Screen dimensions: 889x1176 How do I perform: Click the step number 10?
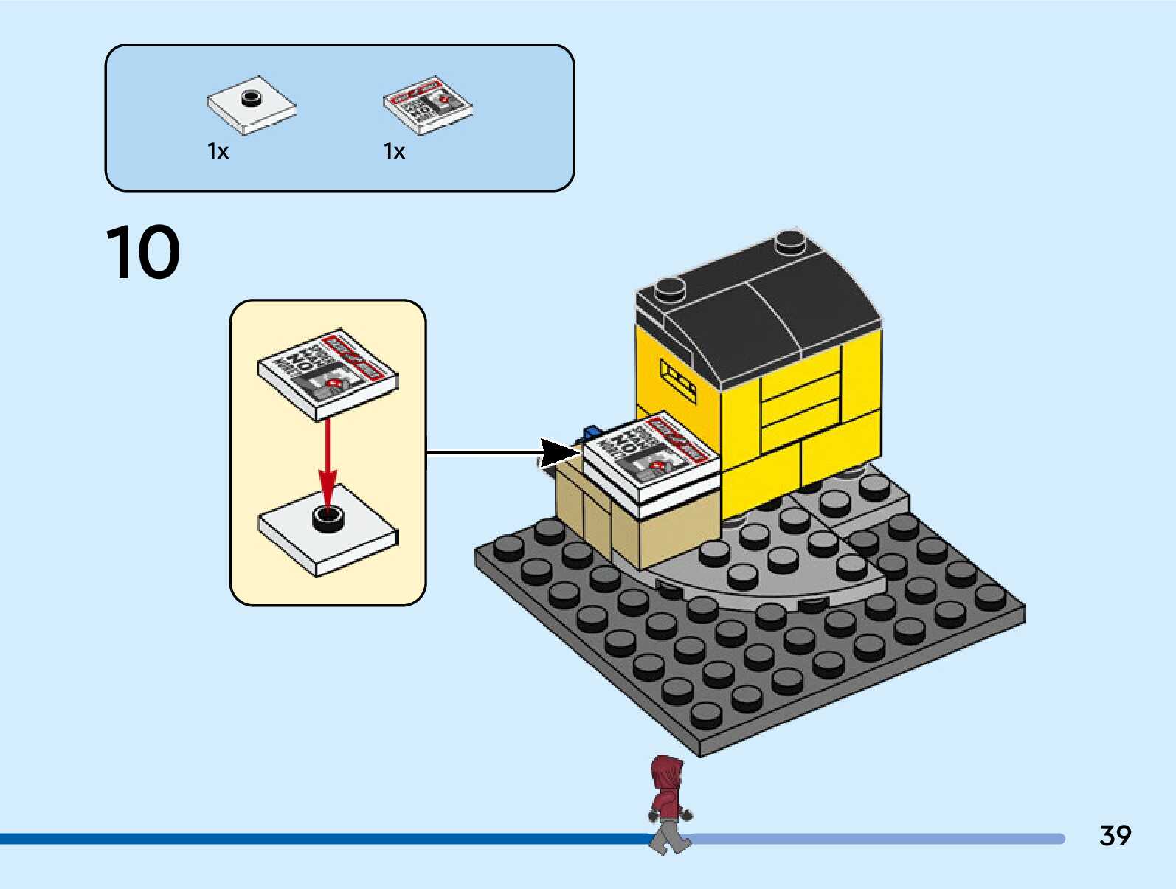[x=143, y=253]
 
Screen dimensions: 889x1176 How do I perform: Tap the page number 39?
[x=1115, y=836]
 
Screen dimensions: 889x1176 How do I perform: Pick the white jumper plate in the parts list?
[x=252, y=105]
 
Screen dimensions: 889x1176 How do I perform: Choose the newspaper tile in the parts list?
[x=427, y=105]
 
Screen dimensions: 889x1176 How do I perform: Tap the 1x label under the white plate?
[x=218, y=152]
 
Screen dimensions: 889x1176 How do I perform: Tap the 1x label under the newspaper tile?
[x=395, y=152]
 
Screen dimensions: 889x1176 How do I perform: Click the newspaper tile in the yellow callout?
[x=328, y=373]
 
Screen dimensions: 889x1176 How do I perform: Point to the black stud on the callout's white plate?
[x=328, y=517]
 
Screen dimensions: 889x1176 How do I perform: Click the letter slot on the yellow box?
[x=677, y=380]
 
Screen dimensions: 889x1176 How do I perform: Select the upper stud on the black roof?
[x=790, y=241]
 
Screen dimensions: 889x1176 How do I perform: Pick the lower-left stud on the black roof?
[x=669, y=288]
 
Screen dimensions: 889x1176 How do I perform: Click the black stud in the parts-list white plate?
[x=252, y=97]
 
